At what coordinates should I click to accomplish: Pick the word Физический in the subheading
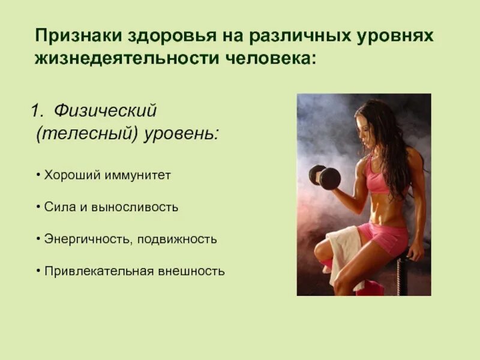(105, 111)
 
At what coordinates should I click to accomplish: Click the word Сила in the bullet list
(55, 207)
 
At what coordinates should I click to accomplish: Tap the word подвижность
(176, 239)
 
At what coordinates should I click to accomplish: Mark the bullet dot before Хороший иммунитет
(38, 175)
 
